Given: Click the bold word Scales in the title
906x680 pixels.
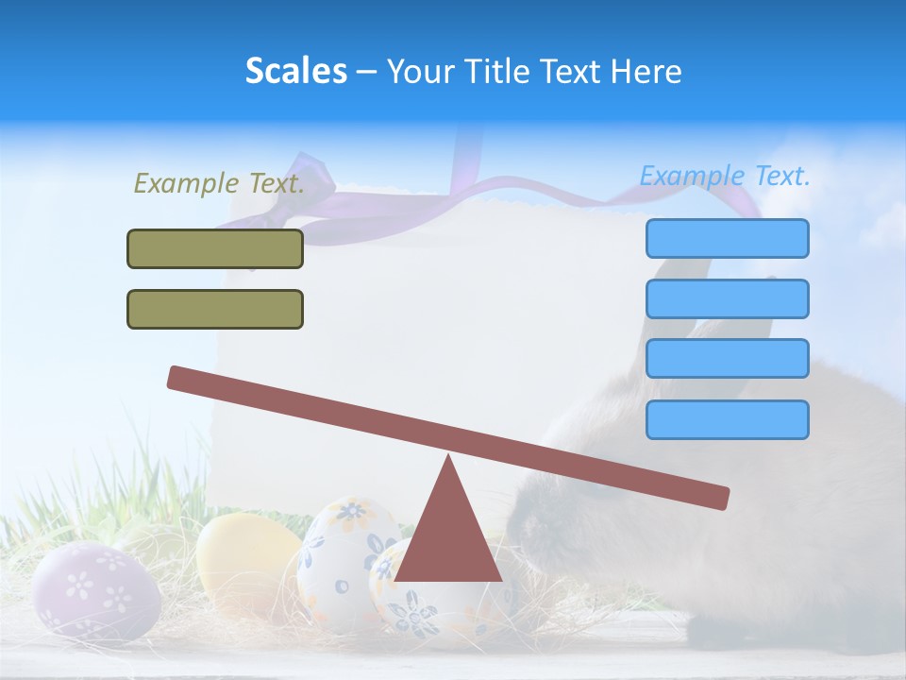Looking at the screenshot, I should (x=295, y=71).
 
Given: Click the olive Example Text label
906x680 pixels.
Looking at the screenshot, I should (x=219, y=183).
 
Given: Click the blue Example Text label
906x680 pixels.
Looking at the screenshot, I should (x=725, y=176).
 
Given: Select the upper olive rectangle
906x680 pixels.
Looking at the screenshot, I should (x=215, y=248).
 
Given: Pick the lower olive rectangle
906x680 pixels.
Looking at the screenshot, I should (x=215, y=309).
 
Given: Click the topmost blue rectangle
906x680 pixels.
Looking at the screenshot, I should (x=727, y=238).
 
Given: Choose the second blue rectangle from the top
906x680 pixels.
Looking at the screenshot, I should (x=727, y=298).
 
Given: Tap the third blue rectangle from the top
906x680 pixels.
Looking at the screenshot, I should (x=727, y=358).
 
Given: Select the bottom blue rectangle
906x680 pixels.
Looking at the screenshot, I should (x=727, y=419).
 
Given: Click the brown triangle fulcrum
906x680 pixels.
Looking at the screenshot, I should (x=448, y=538).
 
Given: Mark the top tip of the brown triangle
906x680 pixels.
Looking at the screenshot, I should (x=448, y=457).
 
